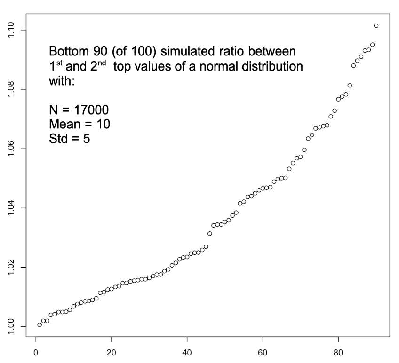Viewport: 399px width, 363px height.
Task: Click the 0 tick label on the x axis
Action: coord(36,351)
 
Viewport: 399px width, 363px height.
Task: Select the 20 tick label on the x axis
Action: coord(112,351)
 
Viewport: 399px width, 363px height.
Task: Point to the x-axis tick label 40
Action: coord(187,351)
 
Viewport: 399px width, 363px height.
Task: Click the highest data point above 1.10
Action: coord(376,25)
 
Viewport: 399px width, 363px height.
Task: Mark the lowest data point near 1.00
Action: coord(40,324)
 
